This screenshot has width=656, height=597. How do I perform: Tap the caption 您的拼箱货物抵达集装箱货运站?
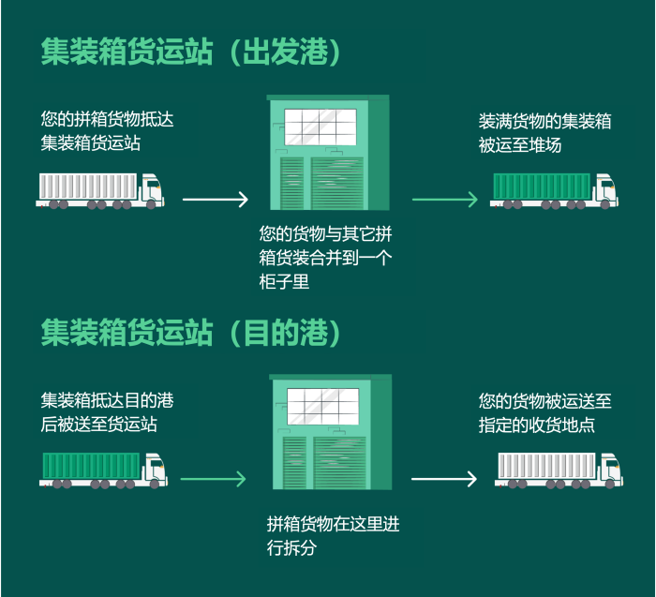coord(107,131)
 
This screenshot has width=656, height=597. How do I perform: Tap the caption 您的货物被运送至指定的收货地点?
coord(544,412)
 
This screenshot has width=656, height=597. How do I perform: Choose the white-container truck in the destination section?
coord(559,470)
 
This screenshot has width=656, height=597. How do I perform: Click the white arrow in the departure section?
coord(216,199)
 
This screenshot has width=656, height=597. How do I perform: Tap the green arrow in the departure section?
coord(445,199)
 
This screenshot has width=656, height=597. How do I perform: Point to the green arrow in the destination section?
coord(213,479)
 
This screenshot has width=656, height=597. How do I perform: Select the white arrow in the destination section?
coord(444,479)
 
